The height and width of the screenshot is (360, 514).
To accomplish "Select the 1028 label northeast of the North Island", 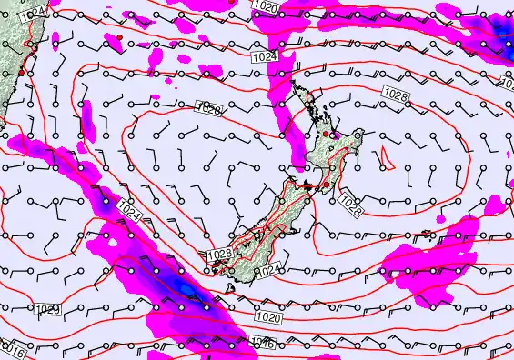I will (394, 95).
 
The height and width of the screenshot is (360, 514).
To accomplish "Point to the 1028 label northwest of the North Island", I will (208, 109).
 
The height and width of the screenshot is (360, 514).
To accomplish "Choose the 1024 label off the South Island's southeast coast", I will (266, 272).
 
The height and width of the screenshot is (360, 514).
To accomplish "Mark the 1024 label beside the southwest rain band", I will (128, 215).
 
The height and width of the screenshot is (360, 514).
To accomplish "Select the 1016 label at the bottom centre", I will (262, 343).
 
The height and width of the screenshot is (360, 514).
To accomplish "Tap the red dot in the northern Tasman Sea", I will (119, 35).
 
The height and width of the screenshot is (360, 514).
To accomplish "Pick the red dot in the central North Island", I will (327, 134).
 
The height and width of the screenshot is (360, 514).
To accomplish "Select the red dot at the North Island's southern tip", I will (326, 185).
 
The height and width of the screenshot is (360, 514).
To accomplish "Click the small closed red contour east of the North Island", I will (385, 161).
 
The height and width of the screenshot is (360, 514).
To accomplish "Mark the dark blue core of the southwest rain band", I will (186, 289).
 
